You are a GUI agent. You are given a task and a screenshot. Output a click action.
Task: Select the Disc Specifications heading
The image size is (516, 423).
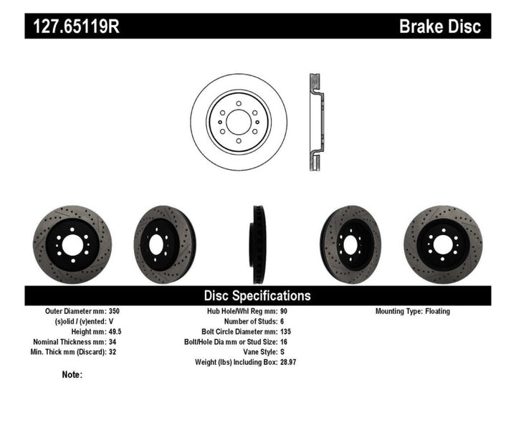(x=257, y=295)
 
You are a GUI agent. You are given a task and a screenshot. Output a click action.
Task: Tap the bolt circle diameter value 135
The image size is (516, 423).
(x=284, y=332)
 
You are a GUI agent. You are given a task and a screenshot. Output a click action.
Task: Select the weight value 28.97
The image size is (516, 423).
(x=287, y=362)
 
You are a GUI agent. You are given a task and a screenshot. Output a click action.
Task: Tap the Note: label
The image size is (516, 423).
(x=72, y=374)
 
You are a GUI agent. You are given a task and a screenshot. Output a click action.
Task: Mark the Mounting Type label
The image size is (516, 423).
(x=401, y=312)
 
